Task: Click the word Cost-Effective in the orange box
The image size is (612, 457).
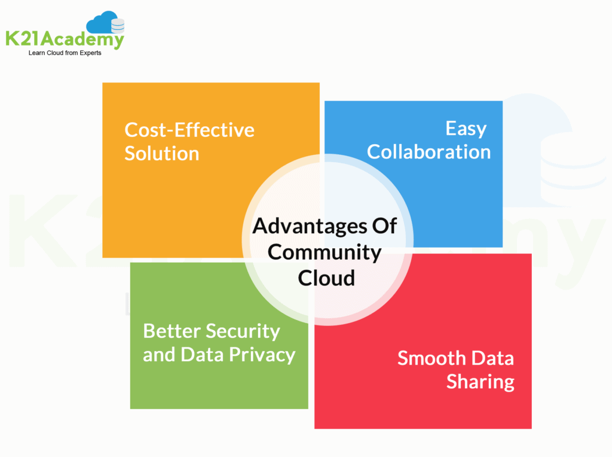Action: [189, 130]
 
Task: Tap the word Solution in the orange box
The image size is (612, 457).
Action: [161, 153]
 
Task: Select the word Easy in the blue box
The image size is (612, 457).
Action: [466, 129]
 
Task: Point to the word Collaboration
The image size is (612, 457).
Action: [429, 151]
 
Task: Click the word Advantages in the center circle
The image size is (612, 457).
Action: [304, 226]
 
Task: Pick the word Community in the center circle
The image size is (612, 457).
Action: [325, 252]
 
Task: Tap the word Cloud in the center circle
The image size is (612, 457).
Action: [326, 278]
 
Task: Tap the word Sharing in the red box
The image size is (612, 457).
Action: [480, 382]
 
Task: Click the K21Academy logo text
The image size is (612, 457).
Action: [65, 40]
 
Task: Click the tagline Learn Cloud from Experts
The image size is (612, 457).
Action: [65, 53]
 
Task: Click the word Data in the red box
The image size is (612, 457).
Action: [492, 358]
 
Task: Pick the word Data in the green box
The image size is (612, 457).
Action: [203, 355]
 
